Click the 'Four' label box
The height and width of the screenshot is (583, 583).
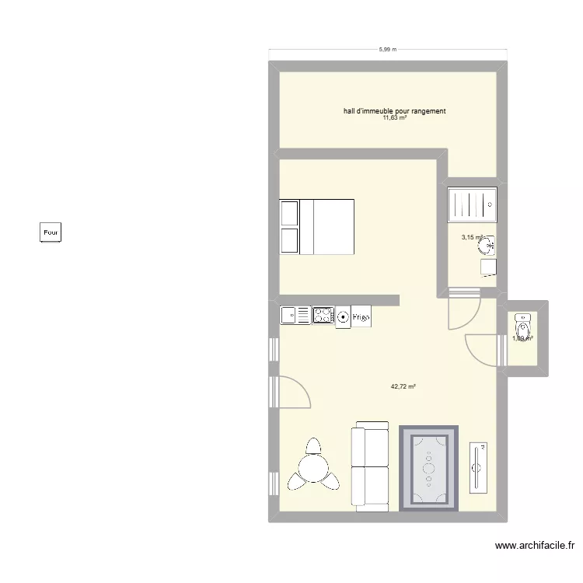point(51,232)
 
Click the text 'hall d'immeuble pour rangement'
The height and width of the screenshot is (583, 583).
point(394,111)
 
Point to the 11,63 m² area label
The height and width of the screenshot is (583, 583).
point(394,118)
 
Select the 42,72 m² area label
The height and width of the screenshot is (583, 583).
point(403,386)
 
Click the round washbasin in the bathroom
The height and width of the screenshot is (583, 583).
point(488,246)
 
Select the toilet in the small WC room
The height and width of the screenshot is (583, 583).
point(522,325)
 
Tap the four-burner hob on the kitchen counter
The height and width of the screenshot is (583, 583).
point(323,315)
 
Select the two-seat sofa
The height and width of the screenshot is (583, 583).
point(371,466)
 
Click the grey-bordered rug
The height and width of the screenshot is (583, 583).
point(429,468)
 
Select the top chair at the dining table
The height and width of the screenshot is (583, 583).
point(313,445)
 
